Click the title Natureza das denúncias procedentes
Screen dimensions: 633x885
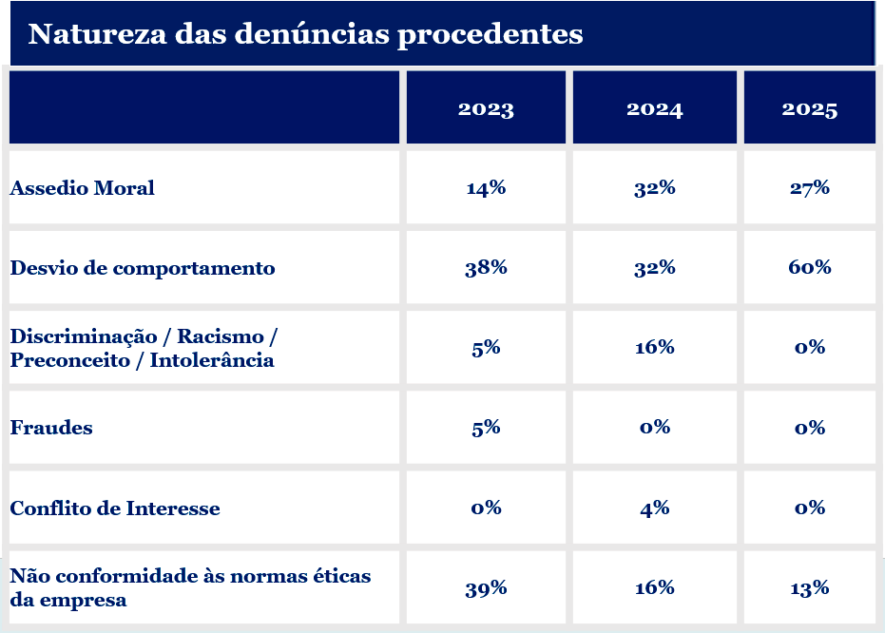(305, 34)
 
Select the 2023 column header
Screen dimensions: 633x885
(486, 109)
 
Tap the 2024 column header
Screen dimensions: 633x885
(654, 109)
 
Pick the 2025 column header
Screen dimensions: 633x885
(810, 109)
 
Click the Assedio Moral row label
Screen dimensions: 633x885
(83, 188)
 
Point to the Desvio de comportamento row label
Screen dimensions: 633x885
(143, 268)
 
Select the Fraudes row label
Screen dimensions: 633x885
(51, 428)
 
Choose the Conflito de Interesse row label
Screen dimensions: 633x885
(115, 508)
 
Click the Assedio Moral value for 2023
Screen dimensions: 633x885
(486, 188)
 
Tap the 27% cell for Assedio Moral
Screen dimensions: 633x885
(810, 188)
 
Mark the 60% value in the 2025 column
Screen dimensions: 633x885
(810, 267)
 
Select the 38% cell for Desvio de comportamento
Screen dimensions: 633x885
(486, 267)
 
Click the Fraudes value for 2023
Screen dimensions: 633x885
(486, 428)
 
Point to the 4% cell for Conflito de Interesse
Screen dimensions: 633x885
(654, 508)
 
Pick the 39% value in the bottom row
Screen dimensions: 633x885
(486, 588)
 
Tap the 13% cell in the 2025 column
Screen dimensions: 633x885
(810, 588)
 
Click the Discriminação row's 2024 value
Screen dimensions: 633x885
(654, 347)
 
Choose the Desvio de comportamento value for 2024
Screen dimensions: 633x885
(654, 267)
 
